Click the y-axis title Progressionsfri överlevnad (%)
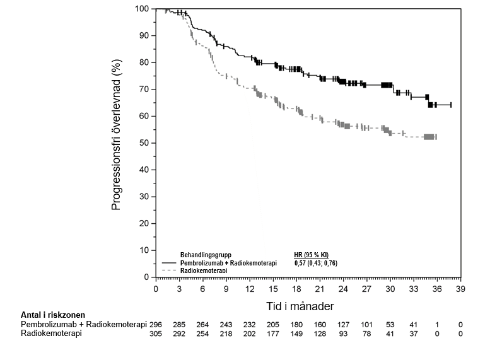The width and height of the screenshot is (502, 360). [116, 142]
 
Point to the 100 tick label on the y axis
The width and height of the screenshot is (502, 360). [142, 9]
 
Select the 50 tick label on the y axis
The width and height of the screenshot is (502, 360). [144, 143]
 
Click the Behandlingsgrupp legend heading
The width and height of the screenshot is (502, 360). [206, 255]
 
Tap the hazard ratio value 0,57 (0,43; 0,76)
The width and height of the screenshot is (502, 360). [316, 262]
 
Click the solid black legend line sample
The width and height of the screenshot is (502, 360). [170, 262]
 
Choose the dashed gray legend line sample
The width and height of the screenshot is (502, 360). [170, 270]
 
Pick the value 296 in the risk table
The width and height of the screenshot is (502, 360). [157, 324]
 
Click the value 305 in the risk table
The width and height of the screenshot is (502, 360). [157, 333]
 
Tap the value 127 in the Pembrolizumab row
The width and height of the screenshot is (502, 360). [344, 324]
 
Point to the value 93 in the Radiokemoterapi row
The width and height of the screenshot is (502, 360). [344, 333]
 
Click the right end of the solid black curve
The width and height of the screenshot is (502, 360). [451, 105]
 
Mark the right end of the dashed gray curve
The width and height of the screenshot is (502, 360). [436, 137]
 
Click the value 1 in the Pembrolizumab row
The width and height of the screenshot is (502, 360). [437, 324]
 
